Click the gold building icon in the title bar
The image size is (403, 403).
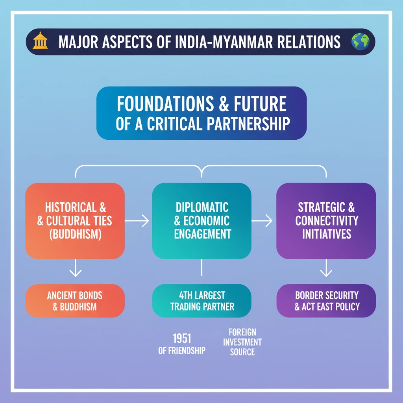(x=40, y=41)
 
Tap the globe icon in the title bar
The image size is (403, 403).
(x=361, y=41)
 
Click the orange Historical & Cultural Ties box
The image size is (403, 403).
(x=75, y=220)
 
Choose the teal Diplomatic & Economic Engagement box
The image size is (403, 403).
(x=201, y=220)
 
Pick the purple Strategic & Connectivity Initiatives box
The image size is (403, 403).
(x=326, y=220)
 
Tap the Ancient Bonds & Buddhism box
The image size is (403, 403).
(x=75, y=301)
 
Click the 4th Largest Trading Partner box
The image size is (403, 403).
(x=201, y=301)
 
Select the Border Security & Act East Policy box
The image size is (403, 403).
(x=326, y=301)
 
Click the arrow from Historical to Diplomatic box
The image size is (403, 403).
(x=138, y=221)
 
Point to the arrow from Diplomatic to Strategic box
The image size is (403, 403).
(x=263, y=221)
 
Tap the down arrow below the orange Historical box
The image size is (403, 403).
(x=75, y=269)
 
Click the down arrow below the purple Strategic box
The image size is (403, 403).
(x=326, y=269)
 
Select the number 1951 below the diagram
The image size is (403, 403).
(x=182, y=338)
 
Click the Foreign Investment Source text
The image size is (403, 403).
(x=242, y=342)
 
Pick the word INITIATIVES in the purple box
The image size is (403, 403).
(x=326, y=234)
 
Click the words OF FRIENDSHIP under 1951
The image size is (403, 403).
(x=182, y=350)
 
